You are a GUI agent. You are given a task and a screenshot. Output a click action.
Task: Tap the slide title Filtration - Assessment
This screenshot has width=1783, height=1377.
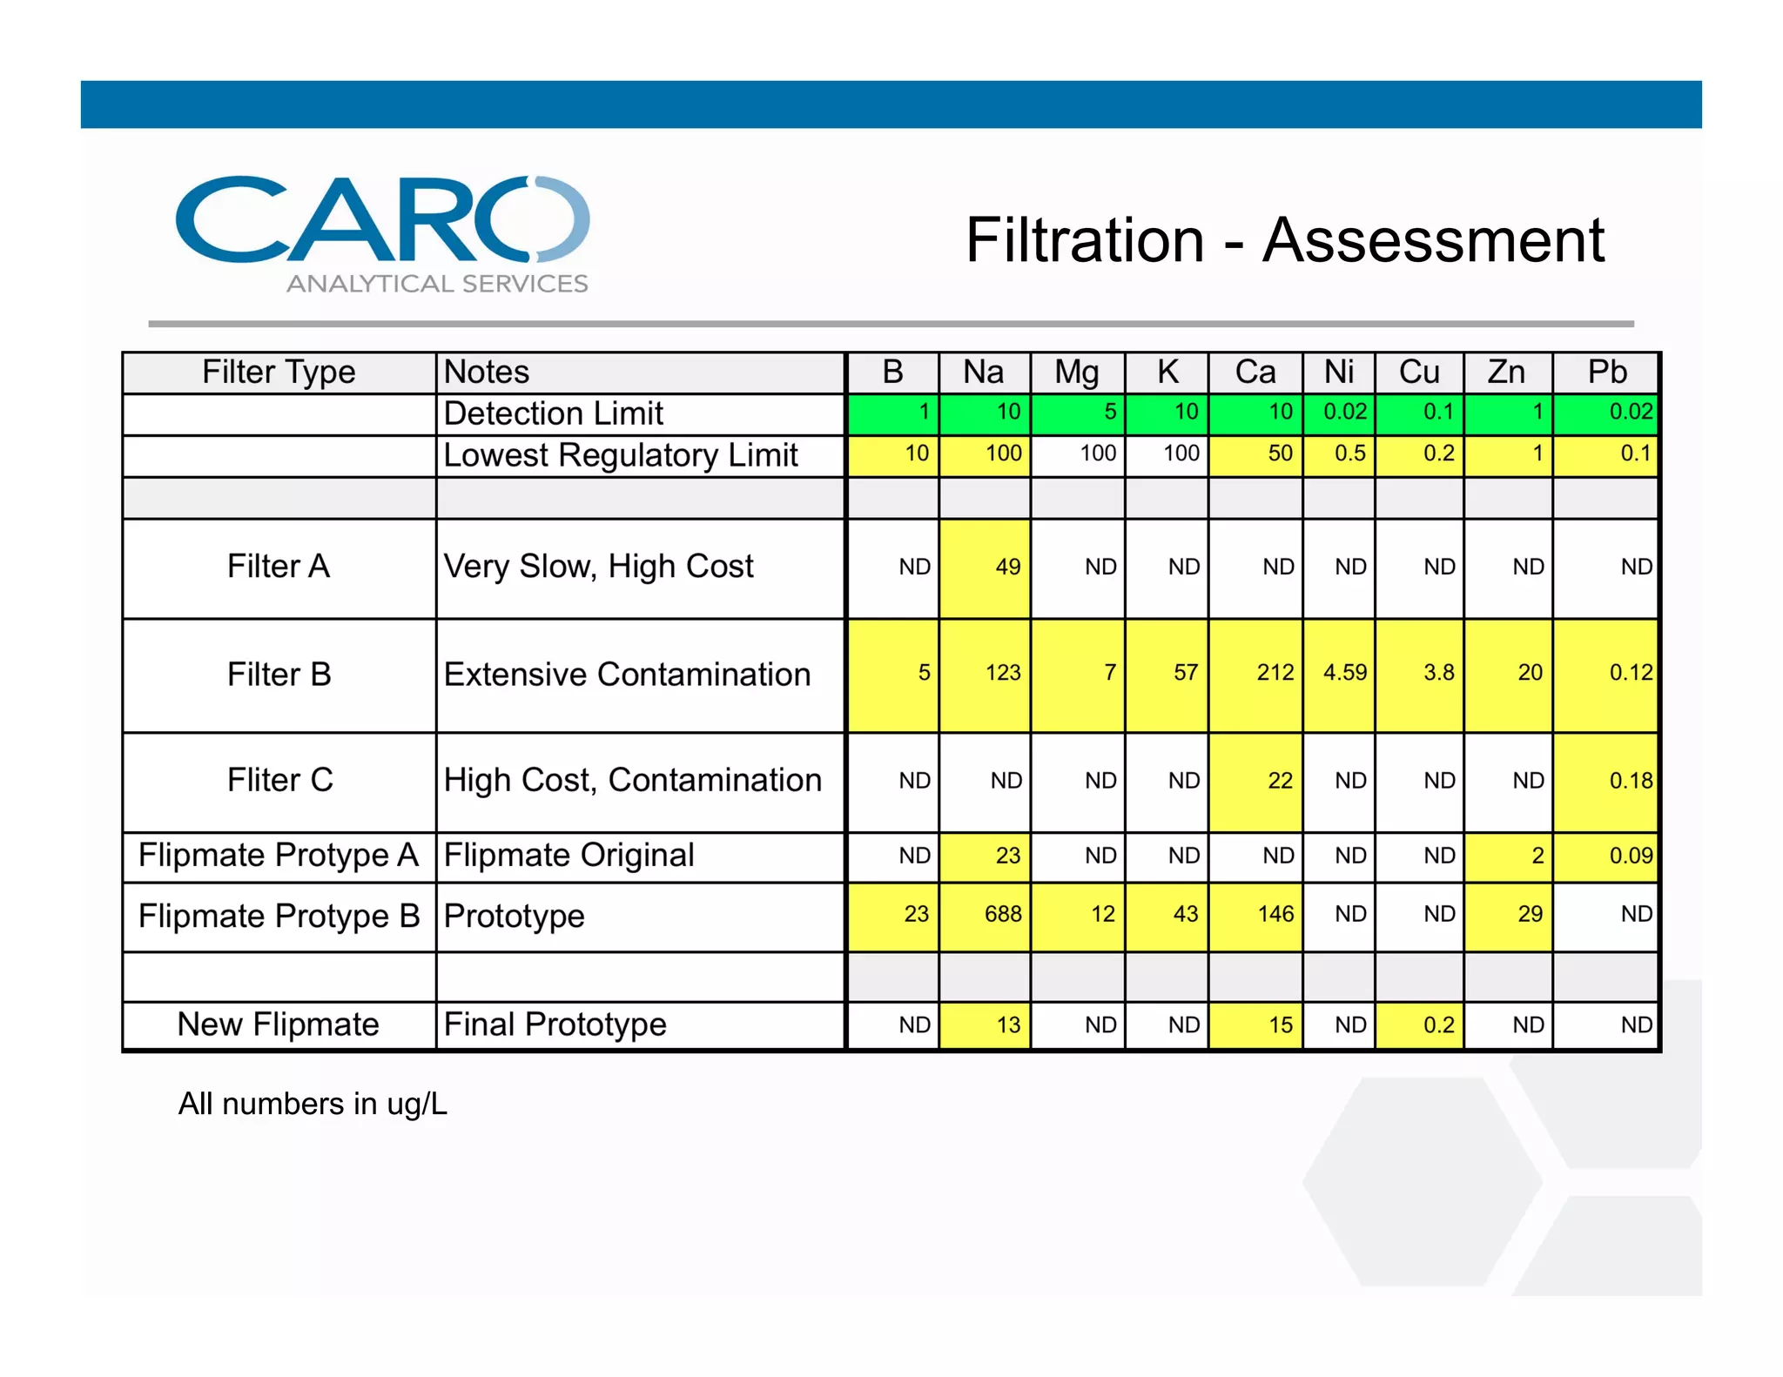click(1284, 240)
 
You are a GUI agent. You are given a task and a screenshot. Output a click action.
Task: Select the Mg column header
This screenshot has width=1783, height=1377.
click(1077, 373)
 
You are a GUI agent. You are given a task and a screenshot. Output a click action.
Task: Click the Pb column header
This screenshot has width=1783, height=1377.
click(1606, 373)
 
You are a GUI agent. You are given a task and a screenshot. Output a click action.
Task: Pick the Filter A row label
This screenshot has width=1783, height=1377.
click(279, 567)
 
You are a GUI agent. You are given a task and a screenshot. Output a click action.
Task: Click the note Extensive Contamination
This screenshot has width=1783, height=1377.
click(627, 675)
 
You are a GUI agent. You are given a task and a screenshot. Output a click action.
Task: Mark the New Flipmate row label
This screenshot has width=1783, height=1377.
click(279, 1024)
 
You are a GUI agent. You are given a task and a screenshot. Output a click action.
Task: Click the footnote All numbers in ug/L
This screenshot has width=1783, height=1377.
click(313, 1104)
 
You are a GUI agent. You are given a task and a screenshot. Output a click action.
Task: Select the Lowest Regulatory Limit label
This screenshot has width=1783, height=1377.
click(621, 455)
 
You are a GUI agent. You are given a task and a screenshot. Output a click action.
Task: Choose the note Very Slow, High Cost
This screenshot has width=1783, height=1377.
click(598, 567)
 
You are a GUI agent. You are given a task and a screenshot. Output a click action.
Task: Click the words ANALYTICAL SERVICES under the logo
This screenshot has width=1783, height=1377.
click(437, 284)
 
